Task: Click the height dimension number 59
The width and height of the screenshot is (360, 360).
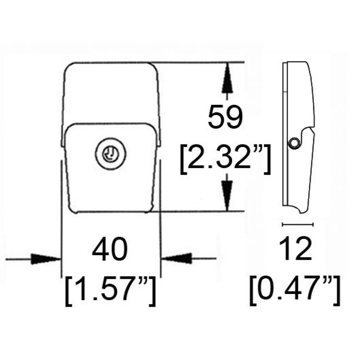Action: (x=226, y=118)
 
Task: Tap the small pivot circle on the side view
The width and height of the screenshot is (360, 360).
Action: (x=294, y=143)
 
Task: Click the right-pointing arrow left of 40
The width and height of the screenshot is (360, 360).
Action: (x=46, y=259)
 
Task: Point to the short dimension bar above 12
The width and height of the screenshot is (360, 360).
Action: (x=298, y=224)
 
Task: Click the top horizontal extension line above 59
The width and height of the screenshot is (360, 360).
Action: (x=200, y=62)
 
